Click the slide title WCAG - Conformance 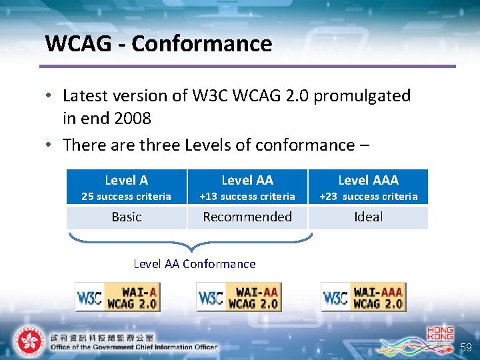(159, 44)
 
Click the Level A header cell (127, 180)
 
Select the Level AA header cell (247, 180)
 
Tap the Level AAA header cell (368, 180)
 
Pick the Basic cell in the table (127, 217)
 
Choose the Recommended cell (247, 217)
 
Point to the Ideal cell (368, 217)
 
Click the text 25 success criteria (126, 197)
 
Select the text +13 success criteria (247, 197)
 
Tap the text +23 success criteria (368, 197)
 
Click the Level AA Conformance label (195, 264)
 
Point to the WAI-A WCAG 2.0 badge (118, 297)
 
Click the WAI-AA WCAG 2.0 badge (239, 297)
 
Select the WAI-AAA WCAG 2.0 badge (363, 297)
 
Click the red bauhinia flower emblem (29, 341)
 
